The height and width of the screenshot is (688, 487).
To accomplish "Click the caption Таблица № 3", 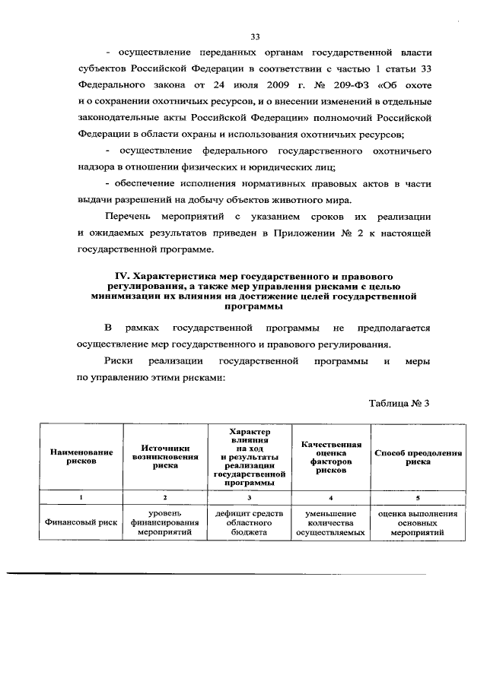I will [399, 403].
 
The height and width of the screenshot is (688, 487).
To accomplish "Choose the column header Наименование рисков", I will [81, 457].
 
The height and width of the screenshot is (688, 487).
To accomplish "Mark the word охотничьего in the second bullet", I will [400, 151].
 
